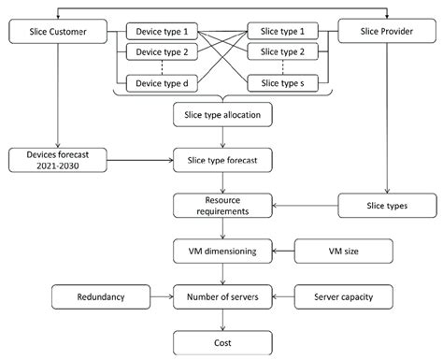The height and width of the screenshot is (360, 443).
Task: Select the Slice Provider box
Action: point(382,34)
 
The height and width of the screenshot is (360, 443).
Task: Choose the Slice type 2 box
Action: point(282,53)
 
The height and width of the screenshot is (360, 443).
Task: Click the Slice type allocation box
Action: point(222,114)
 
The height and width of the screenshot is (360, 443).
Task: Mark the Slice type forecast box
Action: point(222,160)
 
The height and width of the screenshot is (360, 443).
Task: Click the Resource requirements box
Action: point(222,206)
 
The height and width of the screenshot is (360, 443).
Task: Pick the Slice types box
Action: point(382,205)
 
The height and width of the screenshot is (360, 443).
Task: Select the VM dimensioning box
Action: point(222,251)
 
